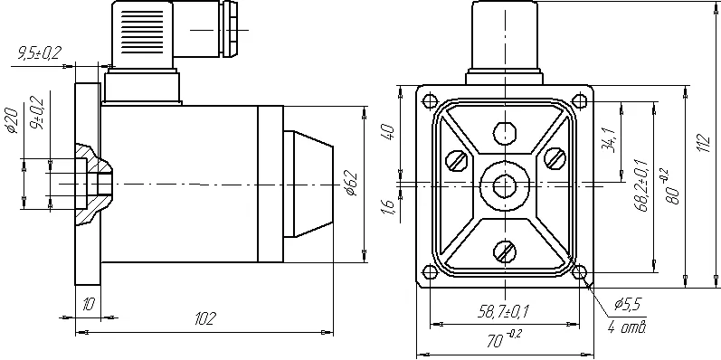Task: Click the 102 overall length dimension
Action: [205, 318]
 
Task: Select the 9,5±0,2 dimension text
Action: [40, 53]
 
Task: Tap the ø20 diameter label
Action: [13, 121]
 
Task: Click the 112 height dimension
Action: [705, 144]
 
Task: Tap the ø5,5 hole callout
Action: [628, 304]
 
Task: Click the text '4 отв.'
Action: [628, 327]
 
